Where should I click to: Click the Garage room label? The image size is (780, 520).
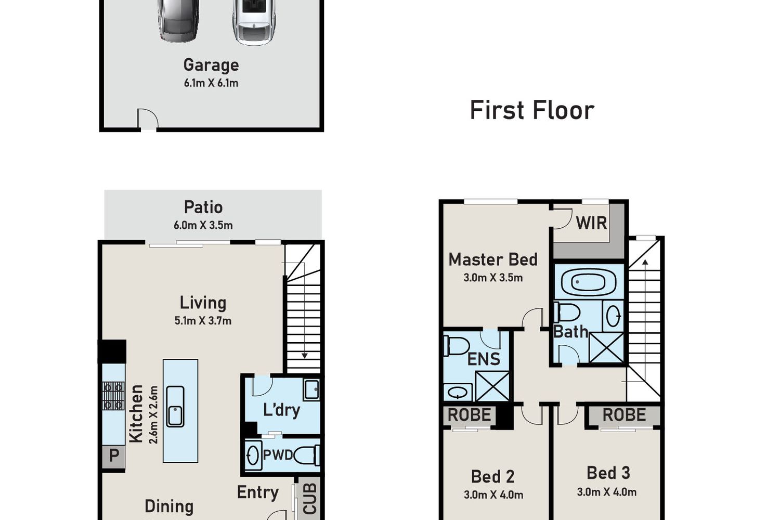pos(211,66)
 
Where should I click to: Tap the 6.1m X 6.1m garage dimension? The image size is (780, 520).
pos(211,83)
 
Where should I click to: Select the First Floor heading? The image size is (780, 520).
pos(532,110)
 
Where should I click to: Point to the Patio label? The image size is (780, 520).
pos(203,207)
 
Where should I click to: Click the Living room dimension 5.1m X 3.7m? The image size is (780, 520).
pos(203,320)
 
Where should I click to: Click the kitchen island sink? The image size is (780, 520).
pos(175,407)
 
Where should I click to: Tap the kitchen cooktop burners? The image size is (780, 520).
pos(113,395)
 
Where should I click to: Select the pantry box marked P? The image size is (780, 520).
pos(113,457)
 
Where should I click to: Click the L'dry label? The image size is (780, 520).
pos(281,410)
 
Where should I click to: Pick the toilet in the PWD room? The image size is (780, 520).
pos(307,455)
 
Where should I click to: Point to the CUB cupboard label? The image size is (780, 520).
pos(310,499)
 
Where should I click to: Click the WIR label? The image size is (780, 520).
pos(591,223)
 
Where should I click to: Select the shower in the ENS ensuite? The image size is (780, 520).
pos(492,386)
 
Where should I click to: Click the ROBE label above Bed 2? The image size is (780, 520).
pos(469,415)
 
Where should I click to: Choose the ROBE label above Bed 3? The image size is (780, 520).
pos(625,415)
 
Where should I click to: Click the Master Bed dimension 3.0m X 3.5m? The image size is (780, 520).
pos(493,278)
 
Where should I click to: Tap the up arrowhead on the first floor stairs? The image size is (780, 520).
pos(645,262)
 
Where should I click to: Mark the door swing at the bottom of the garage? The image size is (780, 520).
pos(148,119)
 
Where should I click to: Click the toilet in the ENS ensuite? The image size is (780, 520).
pos(456,346)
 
